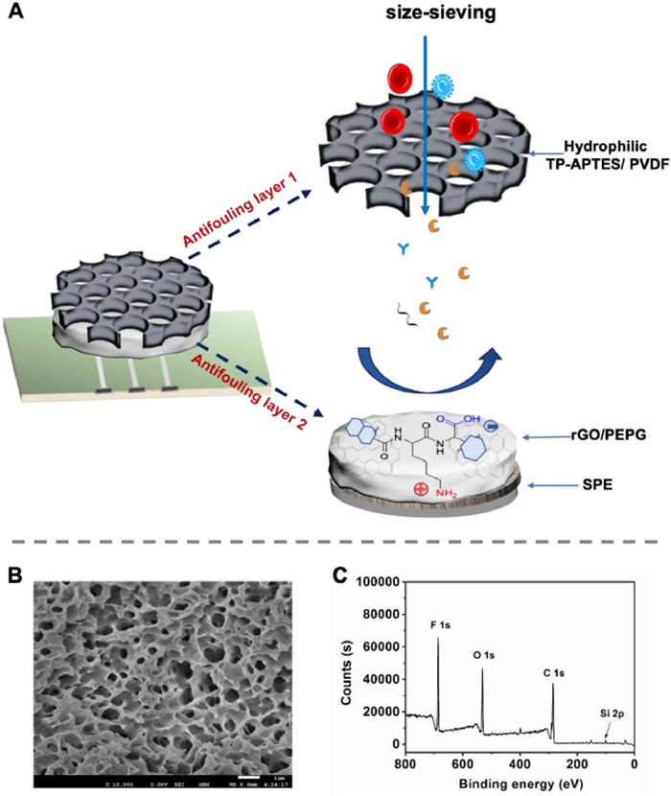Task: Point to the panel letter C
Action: point(336,575)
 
